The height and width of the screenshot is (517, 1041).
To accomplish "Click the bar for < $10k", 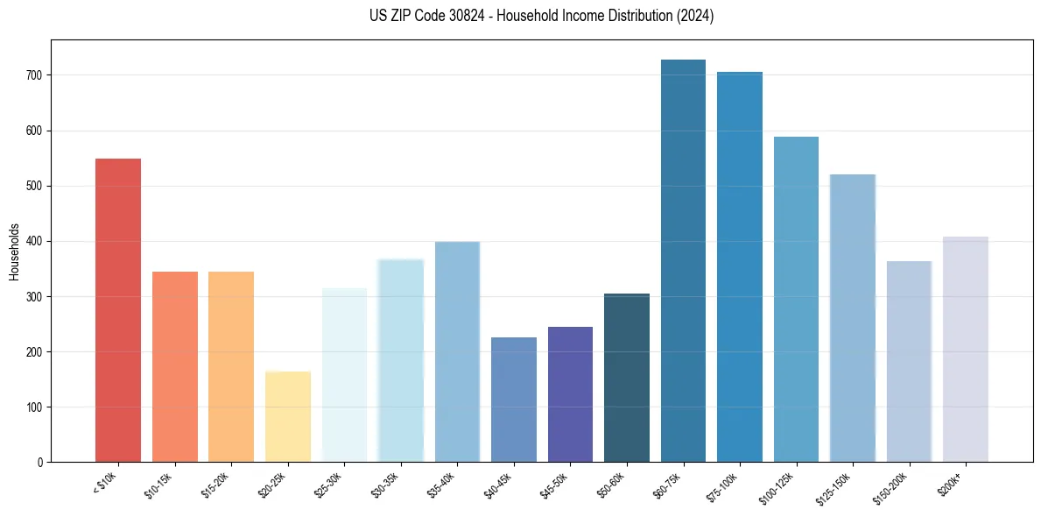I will pyautogui.click(x=118, y=310).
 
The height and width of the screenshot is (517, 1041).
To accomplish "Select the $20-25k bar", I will pyautogui.click(x=288, y=417).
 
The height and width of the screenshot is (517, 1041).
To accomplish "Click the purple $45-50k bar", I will pyautogui.click(x=570, y=394).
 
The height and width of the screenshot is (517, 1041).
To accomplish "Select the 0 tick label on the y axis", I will pyautogui.click(x=41, y=462).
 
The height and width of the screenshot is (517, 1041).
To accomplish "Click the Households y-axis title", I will pyautogui.click(x=15, y=251).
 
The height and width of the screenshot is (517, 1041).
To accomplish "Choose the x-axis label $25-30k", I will pyautogui.click(x=327, y=484).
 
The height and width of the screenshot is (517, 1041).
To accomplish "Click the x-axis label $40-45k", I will pyautogui.click(x=496, y=484).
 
